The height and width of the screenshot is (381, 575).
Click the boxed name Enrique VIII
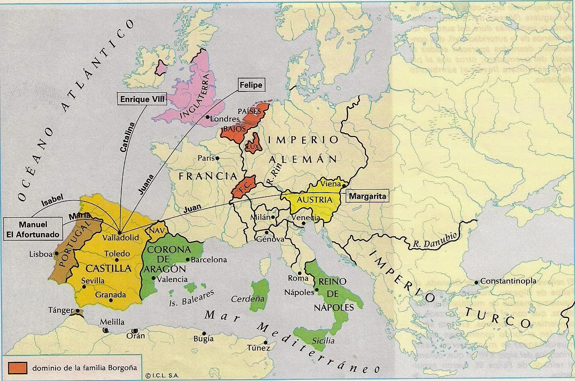pyautogui.click(x=141, y=99)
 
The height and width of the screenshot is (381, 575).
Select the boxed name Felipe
pyautogui.click(x=251, y=85)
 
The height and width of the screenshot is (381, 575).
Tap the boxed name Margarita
pyautogui.click(x=366, y=195)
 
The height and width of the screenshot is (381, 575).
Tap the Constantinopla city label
pyautogui.click(x=508, y=281)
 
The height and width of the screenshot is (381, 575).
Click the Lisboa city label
pyautogui.click(x=41, y=254)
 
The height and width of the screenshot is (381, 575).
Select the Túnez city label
pyautogui.click(x=258, y=348)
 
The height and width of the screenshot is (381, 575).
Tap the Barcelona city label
pyautogui.click(x=209, y=259)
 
